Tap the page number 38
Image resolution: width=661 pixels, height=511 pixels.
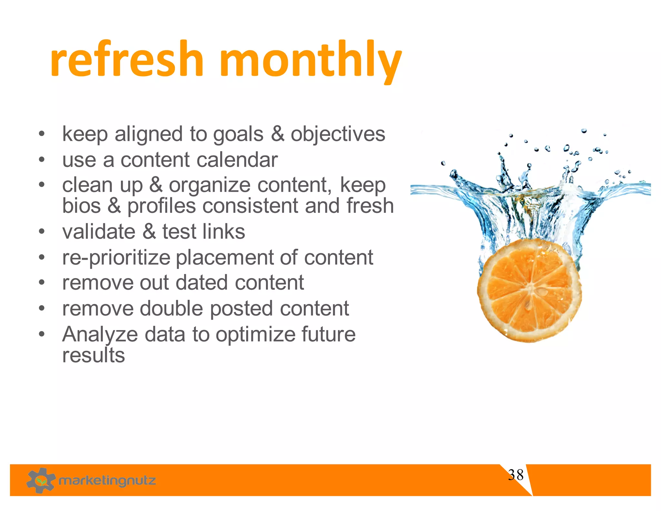[x=515, y=475]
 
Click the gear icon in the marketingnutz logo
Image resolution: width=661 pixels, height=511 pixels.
[x=41, y=480]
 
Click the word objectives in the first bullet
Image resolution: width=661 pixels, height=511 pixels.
[x=338, y=134]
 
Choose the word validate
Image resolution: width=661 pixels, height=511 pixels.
[x=99, y=232]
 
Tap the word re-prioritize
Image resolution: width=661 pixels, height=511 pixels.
[x=116, y=258]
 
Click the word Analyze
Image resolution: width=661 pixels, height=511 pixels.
[x=100, y=335]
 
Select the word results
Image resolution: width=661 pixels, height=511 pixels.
[x=93, y=355]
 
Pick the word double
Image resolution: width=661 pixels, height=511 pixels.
[x=171, y=308]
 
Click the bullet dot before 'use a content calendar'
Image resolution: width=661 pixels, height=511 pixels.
[x=41, y=160]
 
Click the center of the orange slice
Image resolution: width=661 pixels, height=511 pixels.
[x=529, y=290]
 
